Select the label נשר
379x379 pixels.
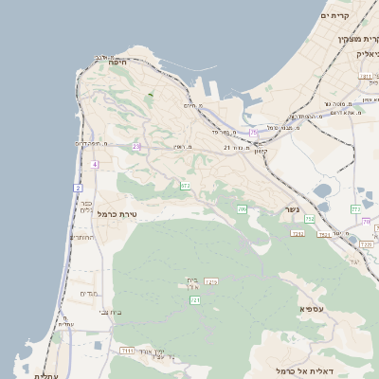pyautogui.click(x=292, y=209)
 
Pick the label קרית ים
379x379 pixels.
pyautogui.click(x=336, y=16)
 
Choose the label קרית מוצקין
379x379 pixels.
pyautogui.click(x=358, y=39)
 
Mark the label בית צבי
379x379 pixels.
pyautogui.click(x=111, y=312)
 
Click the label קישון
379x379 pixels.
pyautogui.click(x=261, y=153)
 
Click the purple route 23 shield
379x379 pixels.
pyautogui.click(x=136, y=147)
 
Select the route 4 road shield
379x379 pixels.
pyautogui.click(x=95, y=164)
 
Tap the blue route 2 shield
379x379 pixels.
pyautogui.click(x=78, y=188)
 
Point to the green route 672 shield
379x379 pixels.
pyautogui.click(x=185, y=186)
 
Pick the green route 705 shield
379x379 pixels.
pyautogui.click(x=242, y=208)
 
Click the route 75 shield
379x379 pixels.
pyautogui.click(x=253, y=133)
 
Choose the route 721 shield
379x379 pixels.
pyautogui.click(x=195, y=299)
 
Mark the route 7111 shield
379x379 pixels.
pyautogui.click(x=127, y=351)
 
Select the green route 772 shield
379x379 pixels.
pyautogui.click(x=355, y=208)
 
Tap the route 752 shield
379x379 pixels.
pyautogui.click(x=310, y=219)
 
